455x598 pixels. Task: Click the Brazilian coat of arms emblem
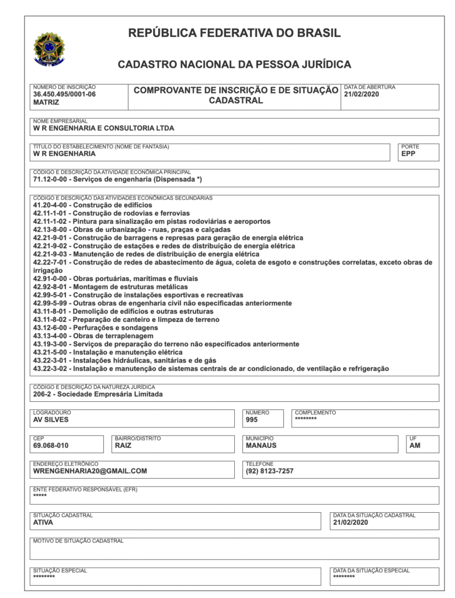50,48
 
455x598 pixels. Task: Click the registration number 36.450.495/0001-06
64,94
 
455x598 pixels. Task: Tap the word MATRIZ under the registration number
46,102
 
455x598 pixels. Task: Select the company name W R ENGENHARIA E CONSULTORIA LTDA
103,128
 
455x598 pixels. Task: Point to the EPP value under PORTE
408,154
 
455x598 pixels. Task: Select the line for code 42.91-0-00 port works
115,279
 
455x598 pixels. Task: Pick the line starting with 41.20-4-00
92,205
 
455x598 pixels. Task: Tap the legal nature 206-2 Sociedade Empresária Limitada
98,394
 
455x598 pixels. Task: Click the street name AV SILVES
51,419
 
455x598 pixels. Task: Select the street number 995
252,419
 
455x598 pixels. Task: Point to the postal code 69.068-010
51,445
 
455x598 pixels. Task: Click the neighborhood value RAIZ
123,445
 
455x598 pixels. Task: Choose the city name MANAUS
261,445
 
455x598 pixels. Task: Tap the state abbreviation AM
415,445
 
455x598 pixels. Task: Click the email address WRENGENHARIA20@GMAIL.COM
90,471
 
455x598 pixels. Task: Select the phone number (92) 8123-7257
269,471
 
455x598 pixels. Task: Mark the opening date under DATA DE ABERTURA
362,94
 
